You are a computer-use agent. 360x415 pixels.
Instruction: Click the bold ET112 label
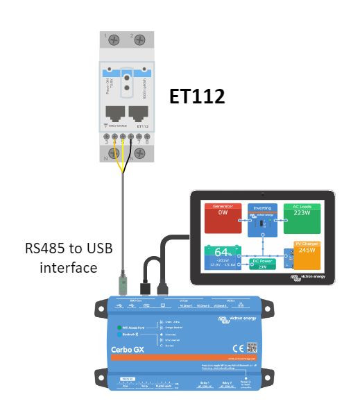[x=198, y=97]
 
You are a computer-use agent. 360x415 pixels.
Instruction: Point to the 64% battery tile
[x=223, y=257]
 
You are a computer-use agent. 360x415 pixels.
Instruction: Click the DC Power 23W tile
[x=263, y=264]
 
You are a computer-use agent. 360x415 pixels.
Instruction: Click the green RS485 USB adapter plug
[x=123, y=284]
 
